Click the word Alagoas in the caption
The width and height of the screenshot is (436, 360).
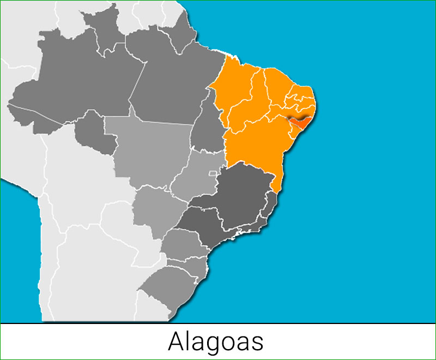(216, 341)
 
